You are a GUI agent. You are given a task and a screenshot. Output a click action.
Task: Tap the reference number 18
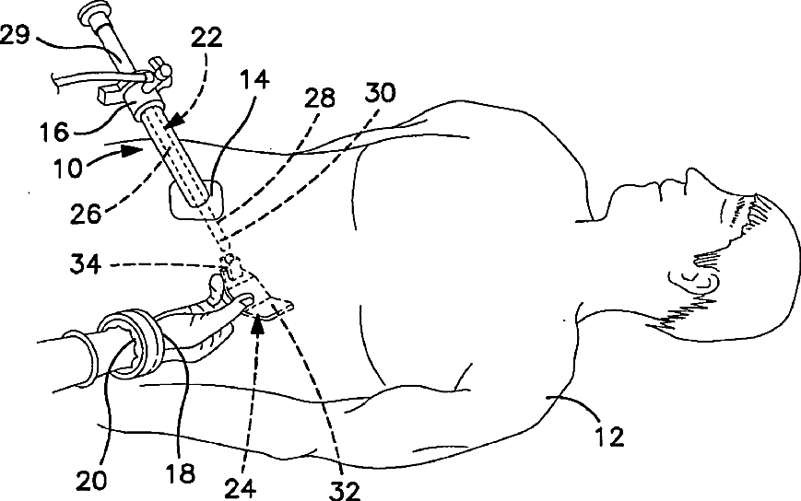182,473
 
